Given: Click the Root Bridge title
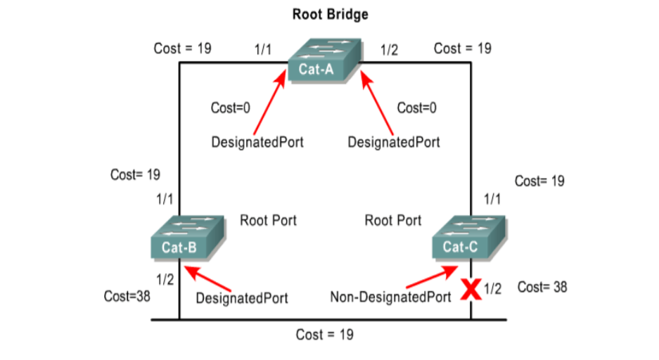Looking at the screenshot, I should (330, 14).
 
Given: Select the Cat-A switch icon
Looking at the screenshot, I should (324, 63).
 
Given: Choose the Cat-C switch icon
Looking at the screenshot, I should (468, 238).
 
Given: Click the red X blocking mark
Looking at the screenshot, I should (471, 289).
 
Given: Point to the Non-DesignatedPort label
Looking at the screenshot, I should (391, 297).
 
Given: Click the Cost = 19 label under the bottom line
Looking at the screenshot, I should (325, 334).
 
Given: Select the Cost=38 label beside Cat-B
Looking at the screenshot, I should (127, 296).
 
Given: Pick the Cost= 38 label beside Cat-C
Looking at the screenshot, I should (542, 287).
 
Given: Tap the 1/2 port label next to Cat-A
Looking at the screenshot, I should (389, 50).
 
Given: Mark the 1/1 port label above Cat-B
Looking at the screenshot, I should (165, 199).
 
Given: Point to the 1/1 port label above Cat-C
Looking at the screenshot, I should (492, 199).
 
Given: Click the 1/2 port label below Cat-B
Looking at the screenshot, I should (165, 279).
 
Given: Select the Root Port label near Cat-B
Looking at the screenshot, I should (268, 221).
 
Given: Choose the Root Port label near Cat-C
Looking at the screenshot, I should (393, 221).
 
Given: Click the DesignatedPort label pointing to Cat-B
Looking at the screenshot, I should (242, 297).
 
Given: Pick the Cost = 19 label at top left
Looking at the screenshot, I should (183, 49).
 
